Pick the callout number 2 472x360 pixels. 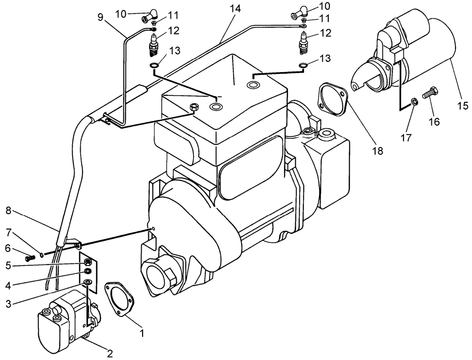(110, 353)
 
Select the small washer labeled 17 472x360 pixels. (414, 101)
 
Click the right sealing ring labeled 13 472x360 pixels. (303, 66)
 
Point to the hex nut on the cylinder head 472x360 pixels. (193, 108)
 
